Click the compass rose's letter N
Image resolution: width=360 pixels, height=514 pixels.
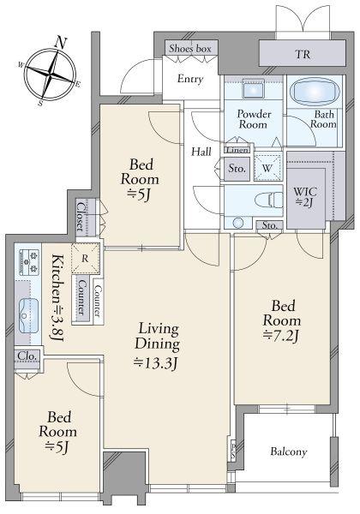pos(60,43)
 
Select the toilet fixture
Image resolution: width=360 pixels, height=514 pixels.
pos(268,200)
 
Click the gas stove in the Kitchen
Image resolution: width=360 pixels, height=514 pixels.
pos(29,262)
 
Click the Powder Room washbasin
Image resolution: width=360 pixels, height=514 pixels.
pos(253,89)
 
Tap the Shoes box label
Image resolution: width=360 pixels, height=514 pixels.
pos(190,49)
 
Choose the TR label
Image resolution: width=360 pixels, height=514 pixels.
pos(303,54)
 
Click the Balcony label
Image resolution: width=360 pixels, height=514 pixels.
pos(289,451)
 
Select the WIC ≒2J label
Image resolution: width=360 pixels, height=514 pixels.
pos(305,197)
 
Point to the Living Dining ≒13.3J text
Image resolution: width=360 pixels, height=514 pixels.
pos(158,345)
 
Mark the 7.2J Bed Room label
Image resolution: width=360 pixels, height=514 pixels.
pos(282,321)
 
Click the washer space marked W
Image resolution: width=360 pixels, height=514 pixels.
pos(267,168)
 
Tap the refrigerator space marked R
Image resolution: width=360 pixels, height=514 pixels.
pos(85,259)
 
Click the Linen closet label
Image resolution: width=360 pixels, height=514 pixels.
pos(237,150)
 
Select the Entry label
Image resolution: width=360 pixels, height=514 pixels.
pos(190,79)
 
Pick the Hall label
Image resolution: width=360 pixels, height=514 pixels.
pos(201,152)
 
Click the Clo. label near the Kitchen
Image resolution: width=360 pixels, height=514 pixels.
pos(27,356)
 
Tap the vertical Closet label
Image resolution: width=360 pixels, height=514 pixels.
pos(81,217)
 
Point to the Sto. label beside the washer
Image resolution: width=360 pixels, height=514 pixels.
pos(237,169)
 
